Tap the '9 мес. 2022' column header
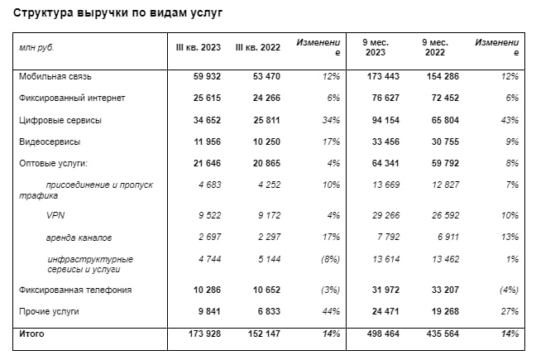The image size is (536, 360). [x=434, y=46]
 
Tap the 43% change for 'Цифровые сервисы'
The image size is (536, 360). [x=509, y=120]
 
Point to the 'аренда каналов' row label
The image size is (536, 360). [x=79, y=238]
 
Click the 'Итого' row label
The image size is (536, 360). [x=31, y=334]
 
